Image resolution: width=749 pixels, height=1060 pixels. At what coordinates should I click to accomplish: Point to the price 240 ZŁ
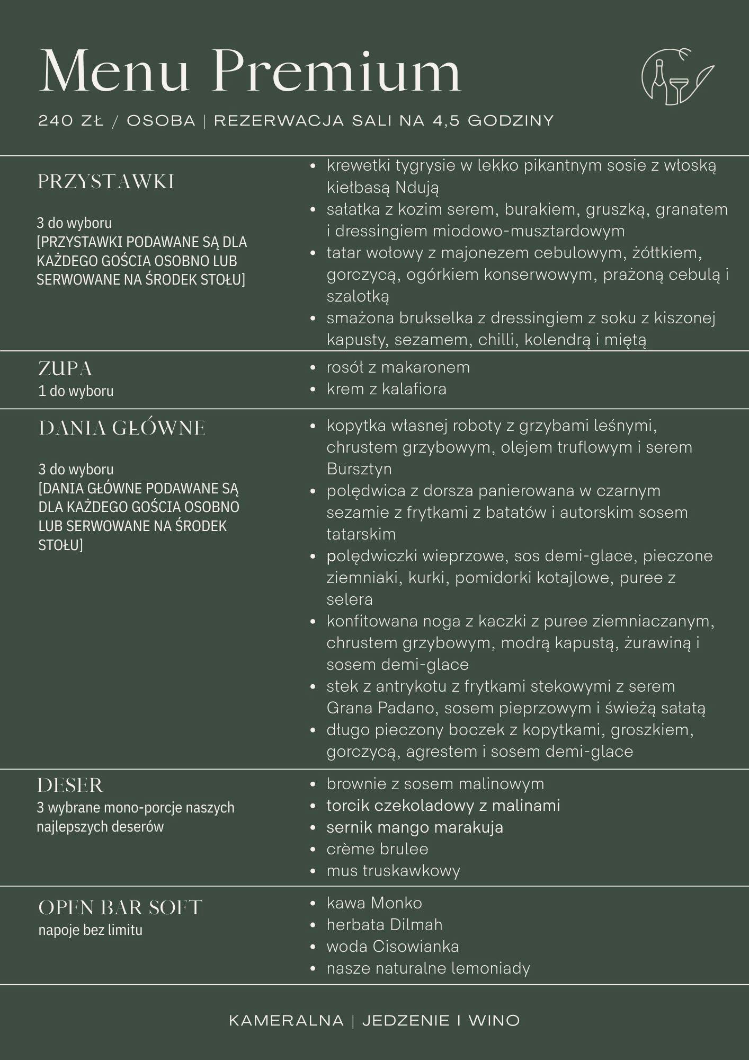pyautogui.click(x=70, y=121)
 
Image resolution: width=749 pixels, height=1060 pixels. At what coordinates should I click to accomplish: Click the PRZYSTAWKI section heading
pyautogui.click(x=105, y=182)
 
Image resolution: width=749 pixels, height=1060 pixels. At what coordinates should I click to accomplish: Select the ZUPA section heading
pyautogui.click(x=65, y=368)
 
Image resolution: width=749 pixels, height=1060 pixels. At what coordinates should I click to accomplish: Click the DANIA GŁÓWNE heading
pyautogui.click(x=121, y=428)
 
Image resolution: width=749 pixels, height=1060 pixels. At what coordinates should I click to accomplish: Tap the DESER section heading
pyautogui.click(x=70, y=785)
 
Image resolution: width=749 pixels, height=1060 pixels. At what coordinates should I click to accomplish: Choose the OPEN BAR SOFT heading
pyautogui.click(x=120, y=907)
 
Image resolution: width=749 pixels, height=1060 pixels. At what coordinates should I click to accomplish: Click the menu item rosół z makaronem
pyautogui.click(x=398, y=367)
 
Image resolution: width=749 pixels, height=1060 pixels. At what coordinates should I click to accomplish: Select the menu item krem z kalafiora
pyautogui.click(x=386, y=389)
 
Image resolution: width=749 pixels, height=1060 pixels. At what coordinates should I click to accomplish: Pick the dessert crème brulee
pyautogui.click(x=377, y=849)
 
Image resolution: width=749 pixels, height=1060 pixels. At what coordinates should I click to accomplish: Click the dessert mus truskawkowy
pyautogui.click(x=393, y=870)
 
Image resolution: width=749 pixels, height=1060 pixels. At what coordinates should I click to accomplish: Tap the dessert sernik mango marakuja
pyautogui.click(x=414, y=827)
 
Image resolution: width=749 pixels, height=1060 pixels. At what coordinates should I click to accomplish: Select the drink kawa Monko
pyautogui.click(x=374, y=903)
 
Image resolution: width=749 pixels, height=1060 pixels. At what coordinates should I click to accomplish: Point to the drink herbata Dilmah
pyautogui.click(x=384, y=924)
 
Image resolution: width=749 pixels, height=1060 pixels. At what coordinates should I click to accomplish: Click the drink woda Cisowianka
pyautogui.click(x=393, y=946)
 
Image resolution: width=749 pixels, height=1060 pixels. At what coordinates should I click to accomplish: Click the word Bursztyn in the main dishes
pyautogui.click(x=359, y=469)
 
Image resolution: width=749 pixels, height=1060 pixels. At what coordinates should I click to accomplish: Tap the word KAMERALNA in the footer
pyautogui.click(x=286, y=1020)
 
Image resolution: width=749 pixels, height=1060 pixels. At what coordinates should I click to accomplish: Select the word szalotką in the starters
pyautogui.click(x=358, y=296)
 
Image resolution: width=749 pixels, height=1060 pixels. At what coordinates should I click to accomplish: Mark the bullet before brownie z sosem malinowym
pyautogui.click(x=313, y=784)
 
